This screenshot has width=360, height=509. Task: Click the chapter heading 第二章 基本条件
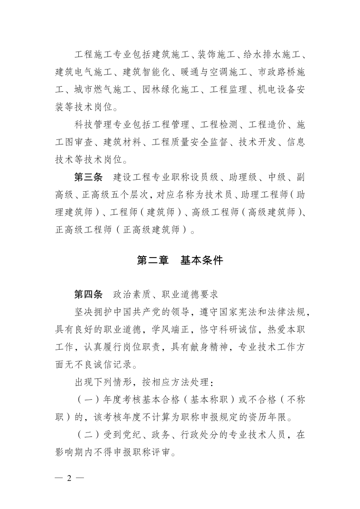[180, 261]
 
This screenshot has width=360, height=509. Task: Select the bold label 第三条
[88, 178]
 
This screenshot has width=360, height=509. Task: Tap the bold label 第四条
[88, 295]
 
